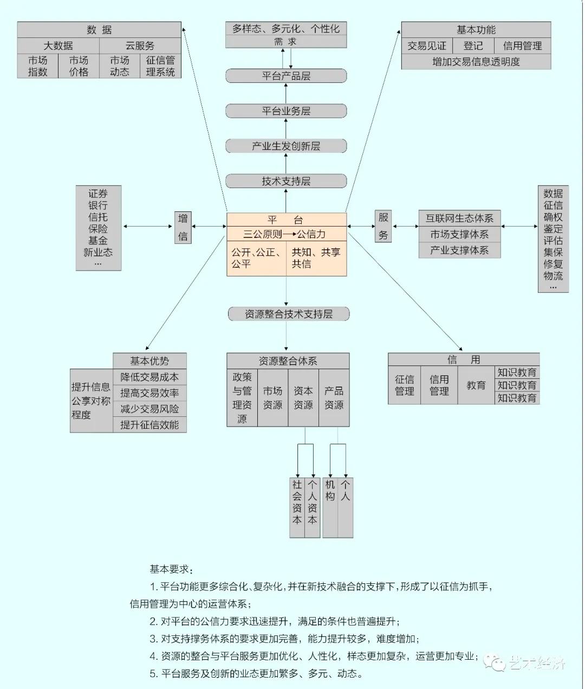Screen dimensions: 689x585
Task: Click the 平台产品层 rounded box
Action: (286, 76)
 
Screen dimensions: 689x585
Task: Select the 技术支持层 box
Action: (286, 181)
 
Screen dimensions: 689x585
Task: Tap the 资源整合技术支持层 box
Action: (288, 314)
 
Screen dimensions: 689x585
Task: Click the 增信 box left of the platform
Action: (183, 227)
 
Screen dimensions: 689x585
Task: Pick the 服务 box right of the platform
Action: (383, 226)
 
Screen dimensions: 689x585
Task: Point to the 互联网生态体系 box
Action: (459, 218)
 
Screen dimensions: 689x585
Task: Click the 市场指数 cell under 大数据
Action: (38, 66)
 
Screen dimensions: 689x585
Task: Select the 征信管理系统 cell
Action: (160, 66)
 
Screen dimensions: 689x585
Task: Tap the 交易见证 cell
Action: (427, 46)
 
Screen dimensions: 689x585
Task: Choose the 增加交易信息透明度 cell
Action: (476, 62)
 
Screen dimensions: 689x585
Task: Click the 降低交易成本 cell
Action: (149, 377)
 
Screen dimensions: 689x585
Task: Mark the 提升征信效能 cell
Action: (149, 425)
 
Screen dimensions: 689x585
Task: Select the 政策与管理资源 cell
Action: (242, 398)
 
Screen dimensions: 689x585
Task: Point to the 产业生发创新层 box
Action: (286, 146)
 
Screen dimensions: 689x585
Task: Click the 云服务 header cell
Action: (140, 46)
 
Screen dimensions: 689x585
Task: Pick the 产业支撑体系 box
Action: (459, 250)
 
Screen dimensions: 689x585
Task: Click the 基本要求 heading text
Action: (171, 569)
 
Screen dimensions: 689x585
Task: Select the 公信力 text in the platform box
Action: (311, 234)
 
